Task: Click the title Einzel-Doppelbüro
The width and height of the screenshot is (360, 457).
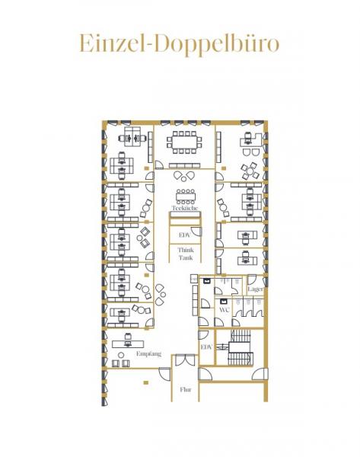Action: [x=180, y=43]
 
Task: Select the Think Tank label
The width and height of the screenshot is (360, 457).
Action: [x=185, y=254]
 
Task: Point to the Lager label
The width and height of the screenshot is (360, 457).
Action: [x=255, y=290]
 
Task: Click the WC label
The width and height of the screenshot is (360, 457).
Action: [x=225, y=310]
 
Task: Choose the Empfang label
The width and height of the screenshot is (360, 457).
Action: [x=148, y=354]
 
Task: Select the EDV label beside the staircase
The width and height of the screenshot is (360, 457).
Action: [x=205, y=347]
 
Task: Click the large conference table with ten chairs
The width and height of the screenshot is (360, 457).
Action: [x=183, y=141]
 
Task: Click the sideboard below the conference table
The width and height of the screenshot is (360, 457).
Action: [x=183, y=165]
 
